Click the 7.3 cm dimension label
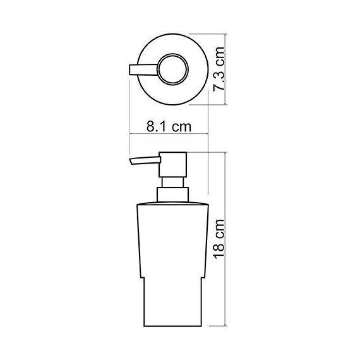(x=219, y=69)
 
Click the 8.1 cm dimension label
(x=169, y=126)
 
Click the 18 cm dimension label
(x=219, y=239)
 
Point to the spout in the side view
(x=145, y=160)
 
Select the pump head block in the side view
(x=172, y=164)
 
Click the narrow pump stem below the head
(x=172, y=183)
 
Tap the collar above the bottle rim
(x=172, y=195)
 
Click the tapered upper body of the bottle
(x=172, y=241)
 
